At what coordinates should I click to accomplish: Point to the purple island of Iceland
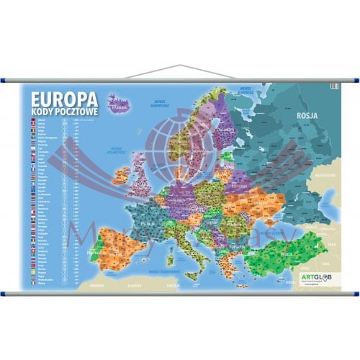pos(118,103)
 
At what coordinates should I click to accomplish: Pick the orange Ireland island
pos(121,175)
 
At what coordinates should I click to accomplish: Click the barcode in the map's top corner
pos(333,87)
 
